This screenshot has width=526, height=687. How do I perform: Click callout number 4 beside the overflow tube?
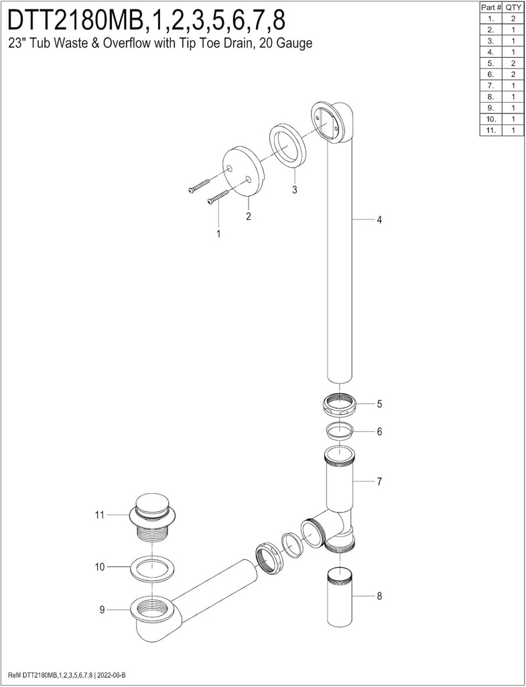click(x=379, y=220)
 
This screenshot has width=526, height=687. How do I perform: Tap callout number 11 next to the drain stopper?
click(x=100, y=515)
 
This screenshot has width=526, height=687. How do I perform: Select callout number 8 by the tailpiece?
click(x=379, y=595)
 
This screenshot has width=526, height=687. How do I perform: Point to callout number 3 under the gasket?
click(x=294, y=190)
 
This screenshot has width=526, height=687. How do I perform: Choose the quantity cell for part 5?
click(x=513, y=63)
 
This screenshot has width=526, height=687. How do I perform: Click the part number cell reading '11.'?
click(x=491, y=130)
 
